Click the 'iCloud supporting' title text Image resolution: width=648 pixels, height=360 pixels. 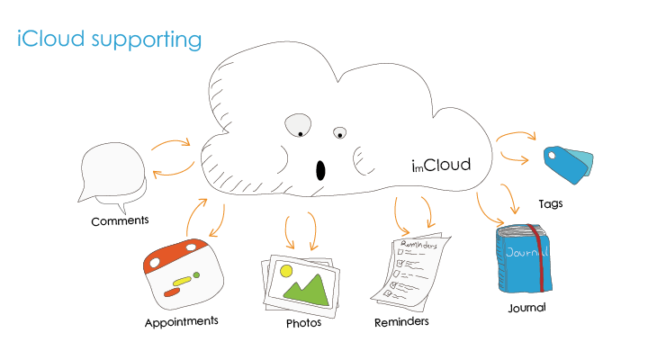[x=109, y=40]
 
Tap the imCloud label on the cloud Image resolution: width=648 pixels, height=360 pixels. [x=441, y=164]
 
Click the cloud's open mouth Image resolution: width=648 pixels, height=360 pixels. [x=319, y=169]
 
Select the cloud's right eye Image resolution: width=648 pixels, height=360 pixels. [x=339, y=134]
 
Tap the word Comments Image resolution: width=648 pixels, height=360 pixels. [x=120, y=220]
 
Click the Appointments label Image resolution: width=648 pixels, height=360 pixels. [x=181, y=320]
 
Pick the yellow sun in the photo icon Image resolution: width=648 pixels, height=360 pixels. [x=286, y=270]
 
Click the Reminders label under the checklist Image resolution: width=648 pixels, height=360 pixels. [x=401, y=321]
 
